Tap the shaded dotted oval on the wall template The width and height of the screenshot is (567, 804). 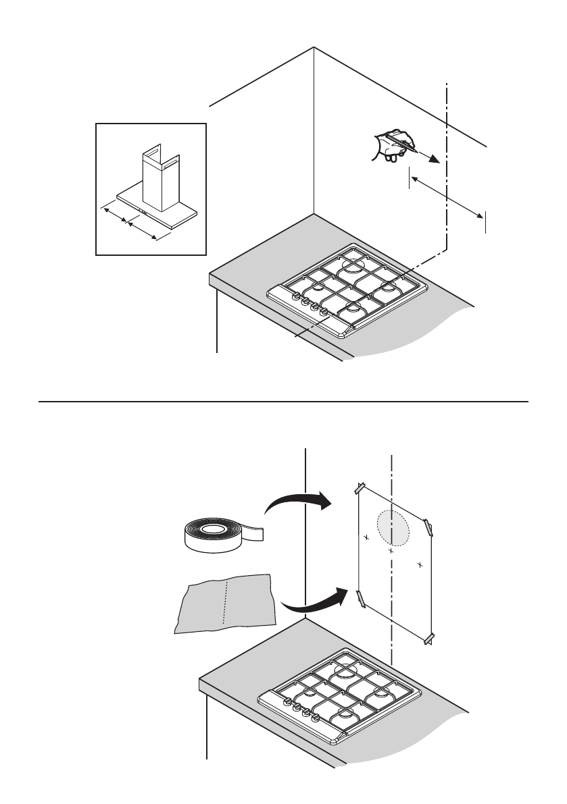393,527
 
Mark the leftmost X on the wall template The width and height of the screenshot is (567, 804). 366,538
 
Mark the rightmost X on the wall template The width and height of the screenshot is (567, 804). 420,564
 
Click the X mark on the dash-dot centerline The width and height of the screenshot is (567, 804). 391,551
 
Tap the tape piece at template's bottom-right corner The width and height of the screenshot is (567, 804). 428,639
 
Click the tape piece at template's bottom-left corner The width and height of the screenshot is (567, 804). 360,597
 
